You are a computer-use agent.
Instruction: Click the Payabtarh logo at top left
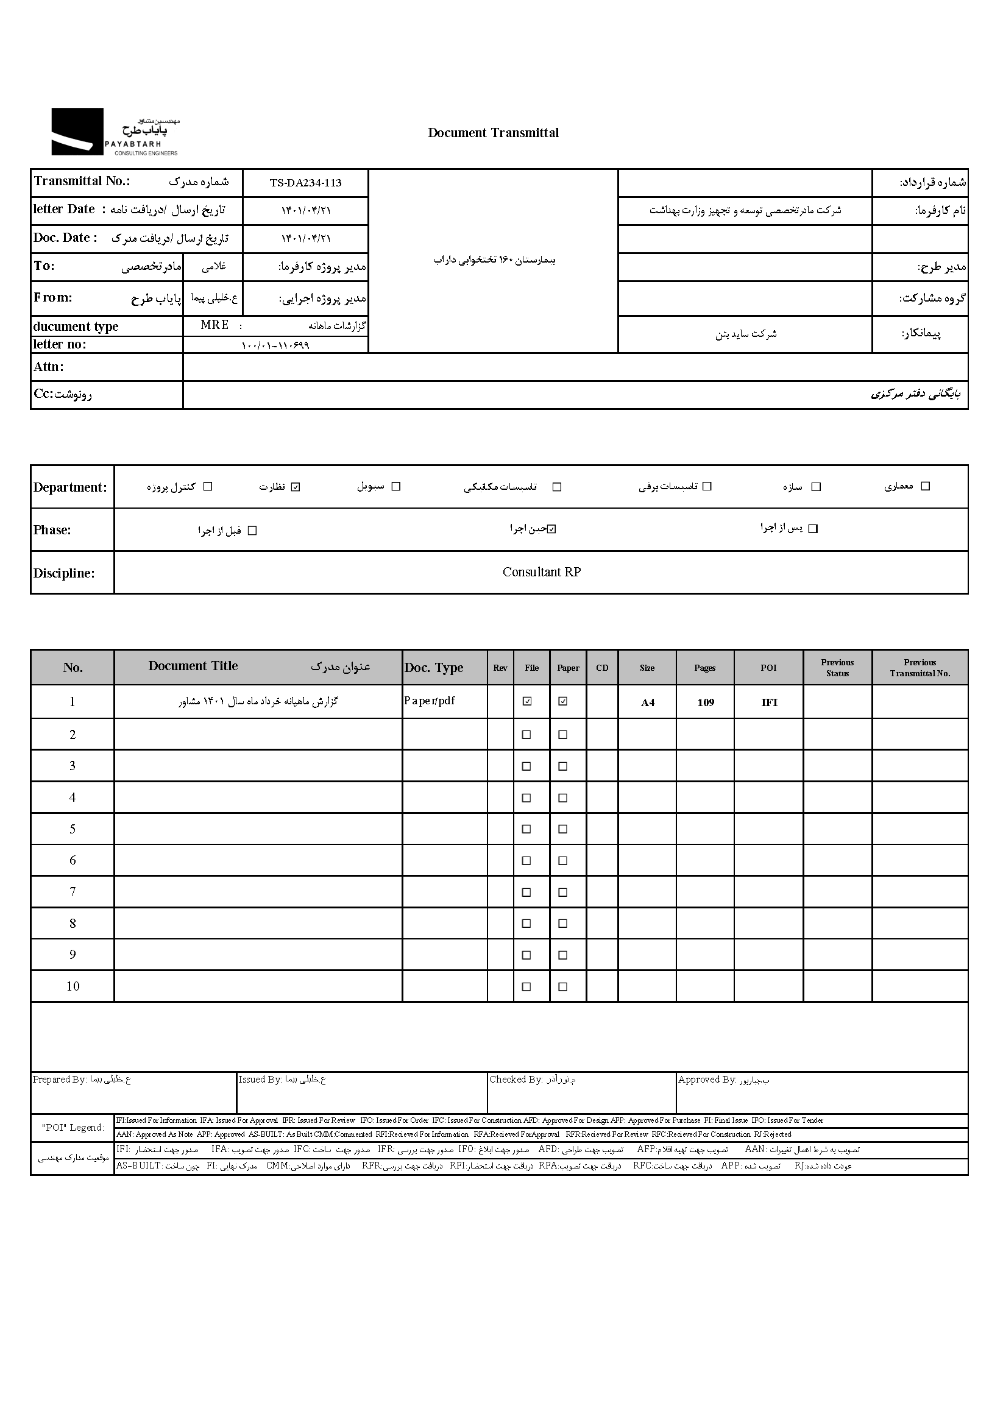(115, 132)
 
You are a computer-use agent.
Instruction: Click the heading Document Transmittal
(493, 133)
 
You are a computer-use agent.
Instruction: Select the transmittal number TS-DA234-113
(305, 183)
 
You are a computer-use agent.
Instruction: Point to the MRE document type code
(214, 325)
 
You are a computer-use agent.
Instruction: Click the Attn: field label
(49, 367)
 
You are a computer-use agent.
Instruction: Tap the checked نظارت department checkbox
(296, 487)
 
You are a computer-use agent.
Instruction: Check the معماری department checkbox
(925, 486)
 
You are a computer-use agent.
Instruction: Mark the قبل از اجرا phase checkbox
(252, 531)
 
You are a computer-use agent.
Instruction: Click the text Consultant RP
(541, 572)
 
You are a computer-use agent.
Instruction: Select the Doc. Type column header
(434, 668)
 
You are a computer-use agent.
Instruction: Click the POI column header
(768, 668)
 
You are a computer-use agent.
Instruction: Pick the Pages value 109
(705, 702)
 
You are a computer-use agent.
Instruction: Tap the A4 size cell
(647, 702)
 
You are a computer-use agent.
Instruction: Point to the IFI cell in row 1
(769, 702)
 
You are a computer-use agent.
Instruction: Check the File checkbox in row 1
(527, 701)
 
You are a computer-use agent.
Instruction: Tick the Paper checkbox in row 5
(563, 829)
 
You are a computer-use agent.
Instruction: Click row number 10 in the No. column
(73, 986)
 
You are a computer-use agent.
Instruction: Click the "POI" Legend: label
(73, 1127)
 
